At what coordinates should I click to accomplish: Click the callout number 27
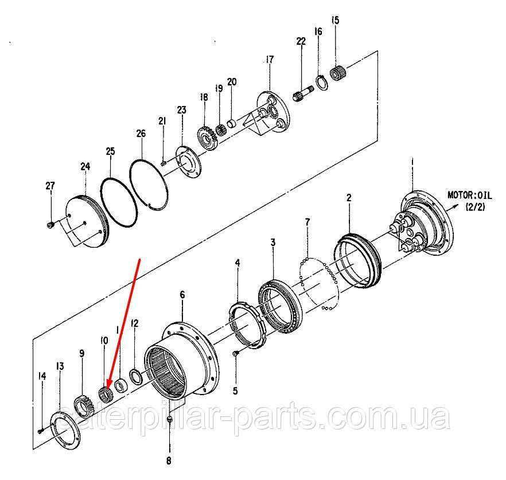coord(50,186)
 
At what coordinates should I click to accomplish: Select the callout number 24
coord(85,166)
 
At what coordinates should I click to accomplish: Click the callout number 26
coord(141,133)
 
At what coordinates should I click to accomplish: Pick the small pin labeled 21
coord(164,163)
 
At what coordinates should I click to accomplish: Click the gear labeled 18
coord(207,138)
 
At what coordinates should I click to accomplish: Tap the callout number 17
coord(270,60)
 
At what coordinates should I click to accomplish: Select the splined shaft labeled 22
coord(303,93)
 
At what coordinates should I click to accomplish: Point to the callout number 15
coord(335,20)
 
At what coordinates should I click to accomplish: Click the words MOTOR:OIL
coord(470,195)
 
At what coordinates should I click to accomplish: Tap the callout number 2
coord(349,197)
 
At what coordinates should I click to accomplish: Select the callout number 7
coord(308,222)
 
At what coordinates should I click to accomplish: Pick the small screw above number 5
coord(235,353)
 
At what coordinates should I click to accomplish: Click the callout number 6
coord(182,295)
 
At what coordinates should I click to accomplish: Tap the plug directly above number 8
coord(170,419)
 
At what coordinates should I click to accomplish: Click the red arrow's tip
coord(107,387)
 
